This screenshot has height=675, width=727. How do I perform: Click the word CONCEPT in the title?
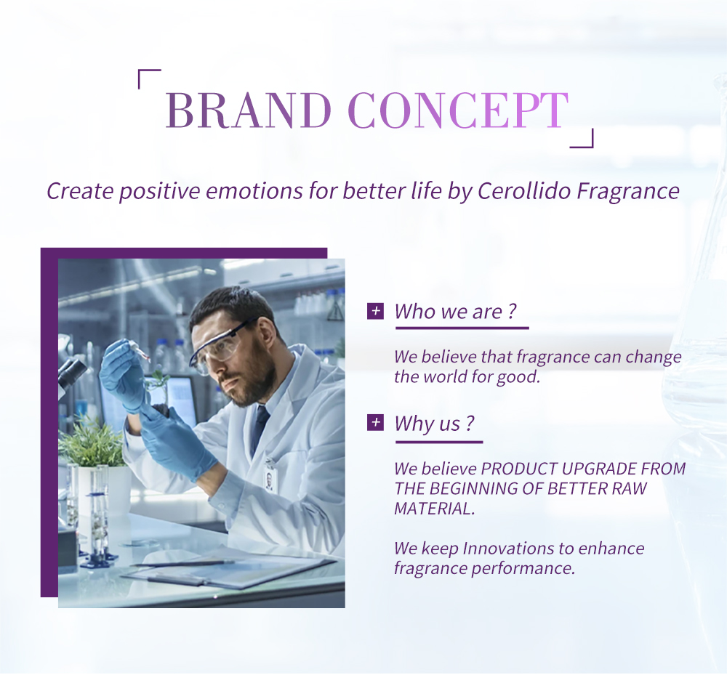click(x=457, y=110)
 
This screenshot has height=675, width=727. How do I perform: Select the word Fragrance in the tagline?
click(x=628, y=192)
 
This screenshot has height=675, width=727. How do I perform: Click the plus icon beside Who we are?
click(x=375, y=311)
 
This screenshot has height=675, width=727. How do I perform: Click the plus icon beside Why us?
click(x=375, y=423)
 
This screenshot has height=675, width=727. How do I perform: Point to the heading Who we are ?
click(x=455, y=311)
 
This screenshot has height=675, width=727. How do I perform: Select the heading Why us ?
click(x=435, y=424)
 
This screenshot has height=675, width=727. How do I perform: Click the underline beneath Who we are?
click(x=462, y=328)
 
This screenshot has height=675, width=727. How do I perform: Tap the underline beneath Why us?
click(x=439, y=442)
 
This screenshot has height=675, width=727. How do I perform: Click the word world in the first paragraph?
click(x=445, y=376)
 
